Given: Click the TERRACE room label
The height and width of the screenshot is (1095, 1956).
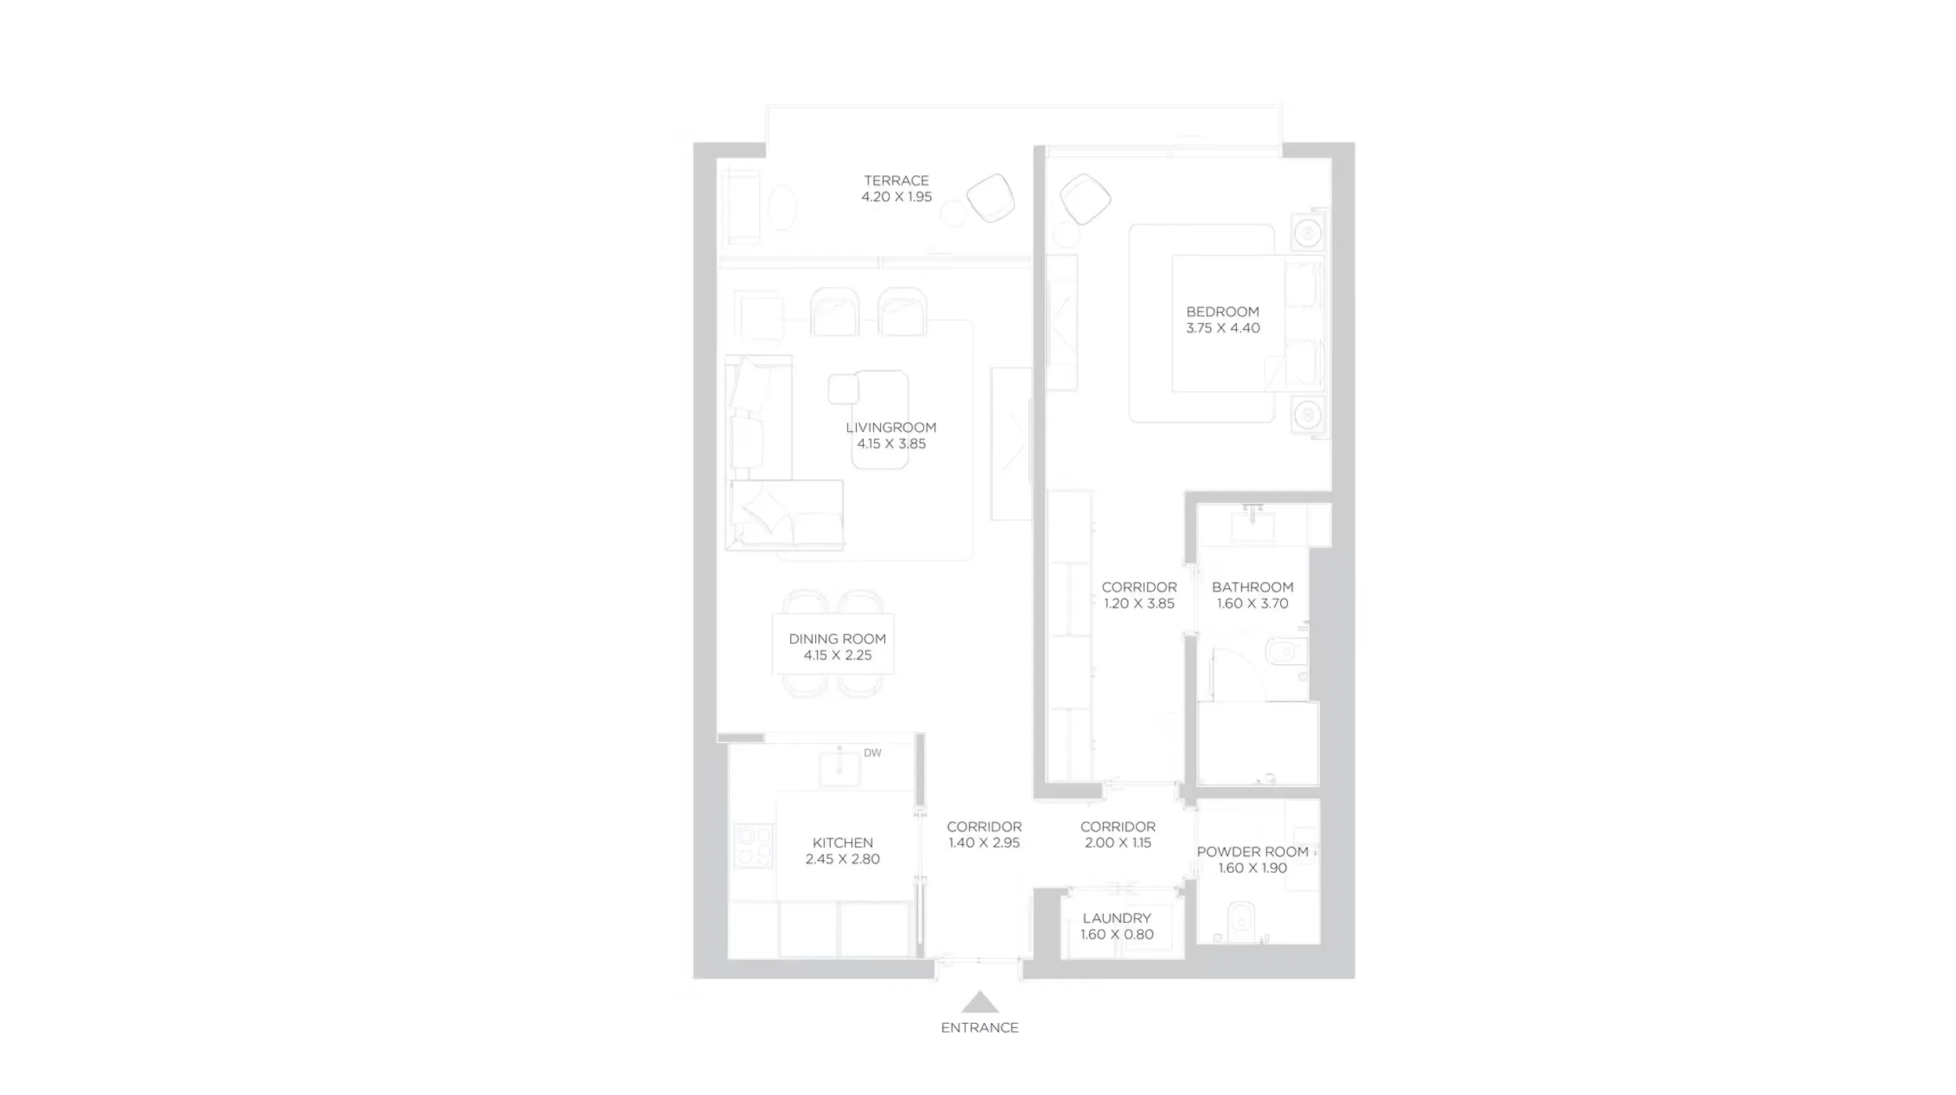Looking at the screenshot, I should [896, 181].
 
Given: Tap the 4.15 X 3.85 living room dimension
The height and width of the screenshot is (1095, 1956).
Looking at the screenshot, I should [891, 444].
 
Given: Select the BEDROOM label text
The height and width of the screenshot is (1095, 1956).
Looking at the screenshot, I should [1222, 312].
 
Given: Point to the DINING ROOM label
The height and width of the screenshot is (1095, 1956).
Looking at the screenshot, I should [837, 639].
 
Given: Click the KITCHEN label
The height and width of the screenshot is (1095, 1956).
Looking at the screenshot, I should [843, 842].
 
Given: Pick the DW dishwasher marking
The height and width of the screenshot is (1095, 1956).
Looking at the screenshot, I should [872, 753].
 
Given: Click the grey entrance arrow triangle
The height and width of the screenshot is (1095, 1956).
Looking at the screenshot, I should [980, 1003].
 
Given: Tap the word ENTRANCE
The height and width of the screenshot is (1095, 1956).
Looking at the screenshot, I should [980, 1028].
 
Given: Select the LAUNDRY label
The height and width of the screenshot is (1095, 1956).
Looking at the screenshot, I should [1116, 918].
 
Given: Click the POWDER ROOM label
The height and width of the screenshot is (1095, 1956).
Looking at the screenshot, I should [1252, 852].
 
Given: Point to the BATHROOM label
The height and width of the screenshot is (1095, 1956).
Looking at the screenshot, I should [1252, 587].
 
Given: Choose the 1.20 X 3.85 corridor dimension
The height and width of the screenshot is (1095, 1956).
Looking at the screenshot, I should [1139, 604].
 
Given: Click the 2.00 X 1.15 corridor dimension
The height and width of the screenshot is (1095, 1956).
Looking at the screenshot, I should [1117, 843].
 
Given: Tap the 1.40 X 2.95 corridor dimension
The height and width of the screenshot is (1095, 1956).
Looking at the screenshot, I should [983, 843].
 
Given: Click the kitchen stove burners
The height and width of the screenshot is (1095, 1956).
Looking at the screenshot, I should [753, 845].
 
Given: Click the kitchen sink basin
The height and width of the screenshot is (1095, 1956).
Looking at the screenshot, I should [840, 769].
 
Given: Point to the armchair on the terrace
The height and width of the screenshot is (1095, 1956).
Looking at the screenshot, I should [991, 198].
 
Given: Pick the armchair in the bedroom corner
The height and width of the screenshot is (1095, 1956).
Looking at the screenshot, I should [1085, 199].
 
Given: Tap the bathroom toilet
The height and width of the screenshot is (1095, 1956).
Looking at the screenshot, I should [1283, 651].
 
